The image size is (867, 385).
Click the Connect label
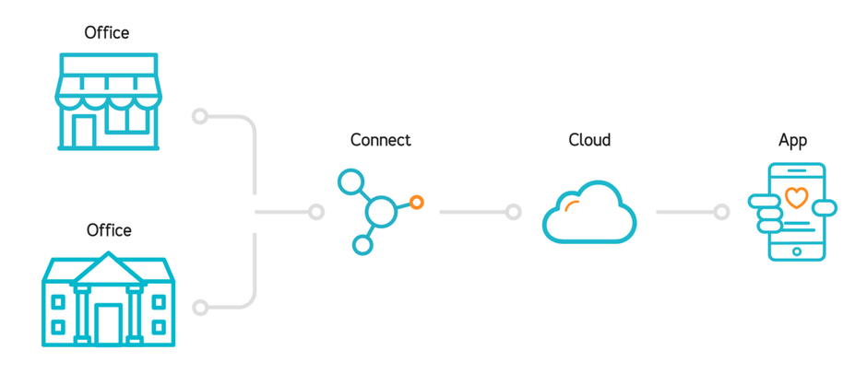[x=380, y=140]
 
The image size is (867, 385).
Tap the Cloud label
[x=589, y=140]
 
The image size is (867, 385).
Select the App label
[x=792, y=140]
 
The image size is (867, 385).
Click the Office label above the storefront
[x=107, y=33]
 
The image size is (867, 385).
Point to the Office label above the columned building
[x=109, y=230]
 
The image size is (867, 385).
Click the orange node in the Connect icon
[x=417, y=202]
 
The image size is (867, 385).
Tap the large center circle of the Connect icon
[x=381, y=213]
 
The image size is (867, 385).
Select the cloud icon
[x=589, y=214]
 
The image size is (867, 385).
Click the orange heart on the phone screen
[x=796, y=197]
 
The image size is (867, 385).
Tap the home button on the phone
[x=797, y=251]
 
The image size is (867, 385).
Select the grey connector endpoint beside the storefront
[x=199, y=116]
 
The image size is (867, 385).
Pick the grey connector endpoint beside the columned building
[x=199, y=308]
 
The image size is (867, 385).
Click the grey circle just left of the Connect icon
[x=316, y=213]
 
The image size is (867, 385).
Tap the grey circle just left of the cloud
[x=513, y=213]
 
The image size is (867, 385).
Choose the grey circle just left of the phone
[x=721, y=213]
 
